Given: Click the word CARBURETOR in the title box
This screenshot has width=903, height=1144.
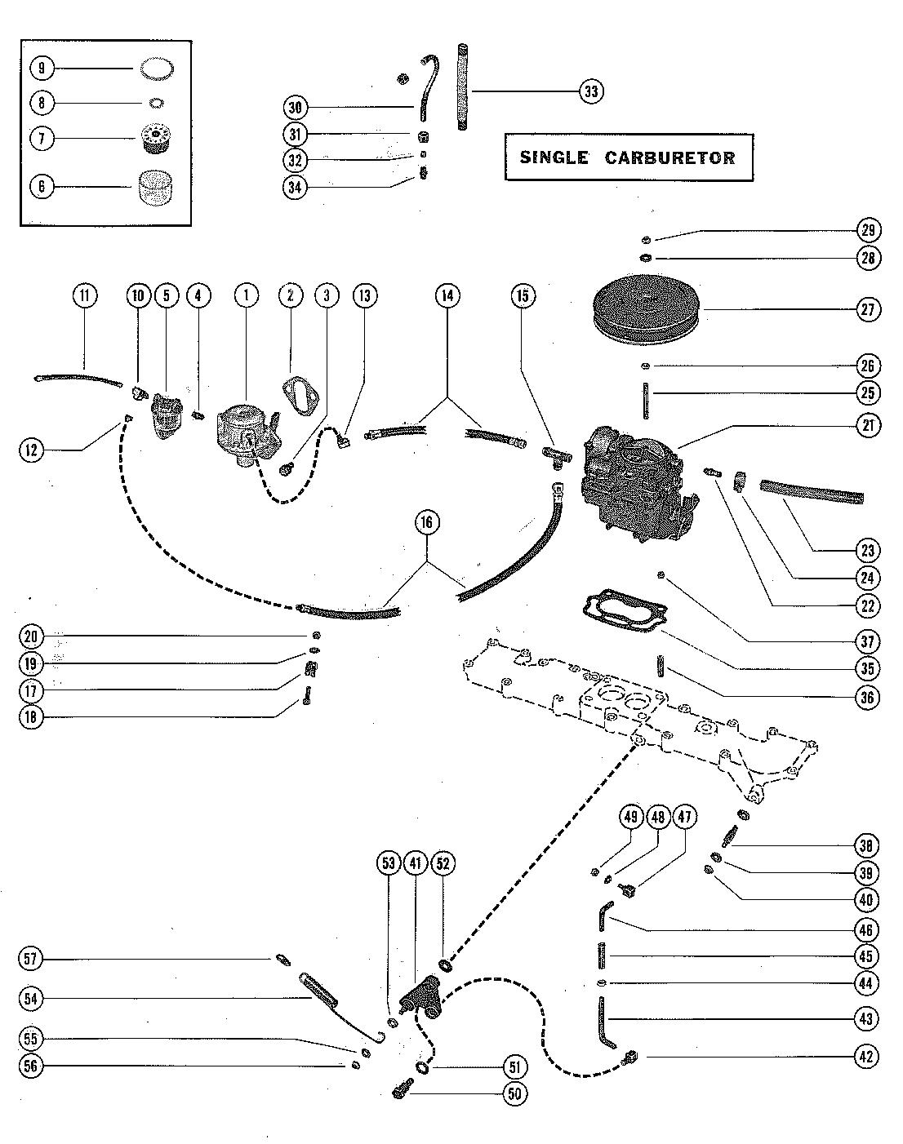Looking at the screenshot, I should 669,157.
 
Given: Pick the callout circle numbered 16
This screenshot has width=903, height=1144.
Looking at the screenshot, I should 427,523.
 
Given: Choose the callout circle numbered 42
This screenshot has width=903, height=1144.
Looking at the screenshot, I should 866,1056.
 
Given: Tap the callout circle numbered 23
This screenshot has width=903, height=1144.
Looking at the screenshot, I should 866,548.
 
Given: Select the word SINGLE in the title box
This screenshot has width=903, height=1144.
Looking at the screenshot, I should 554,157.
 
